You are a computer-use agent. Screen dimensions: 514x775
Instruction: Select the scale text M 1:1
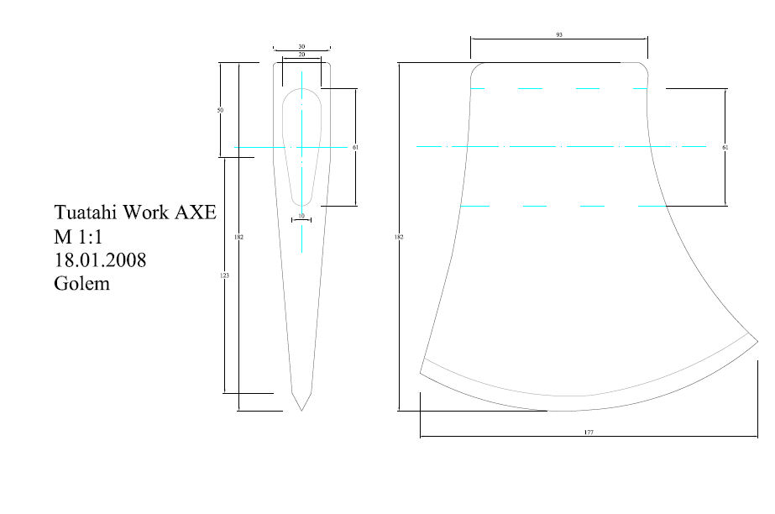pos(77,236)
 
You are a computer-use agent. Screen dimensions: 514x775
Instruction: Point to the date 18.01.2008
pos(100,260)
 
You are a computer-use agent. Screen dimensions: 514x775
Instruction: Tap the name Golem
pos(81,284)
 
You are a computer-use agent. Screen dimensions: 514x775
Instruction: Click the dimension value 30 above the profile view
pos(301,47)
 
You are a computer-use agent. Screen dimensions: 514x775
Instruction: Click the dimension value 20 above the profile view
pos(301,55)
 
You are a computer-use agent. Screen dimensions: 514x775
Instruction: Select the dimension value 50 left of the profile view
pos(220,110)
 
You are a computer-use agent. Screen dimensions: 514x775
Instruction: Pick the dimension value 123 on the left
pos(224,276)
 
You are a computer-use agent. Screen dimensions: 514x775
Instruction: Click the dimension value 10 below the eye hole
pos(301,216)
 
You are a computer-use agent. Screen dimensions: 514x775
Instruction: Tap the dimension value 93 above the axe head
pos(558,36)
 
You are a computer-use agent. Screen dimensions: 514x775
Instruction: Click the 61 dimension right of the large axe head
pos(725,147)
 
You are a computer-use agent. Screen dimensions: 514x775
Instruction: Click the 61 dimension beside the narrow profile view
pos(356,147)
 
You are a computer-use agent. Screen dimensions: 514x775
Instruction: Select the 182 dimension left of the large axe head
pos(399,238)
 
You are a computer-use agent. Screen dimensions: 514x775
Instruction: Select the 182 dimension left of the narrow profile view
pos(239,238)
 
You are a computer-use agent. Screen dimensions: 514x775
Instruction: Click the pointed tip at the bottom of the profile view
pos(301,410)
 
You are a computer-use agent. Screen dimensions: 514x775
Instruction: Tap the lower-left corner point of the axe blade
pos(420,372)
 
